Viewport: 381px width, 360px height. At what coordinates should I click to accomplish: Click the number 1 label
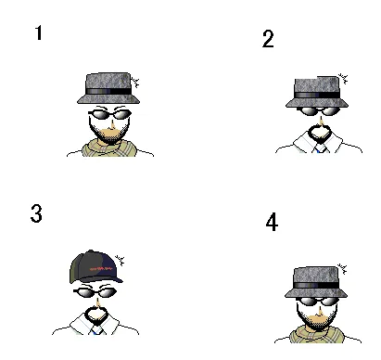[38, 32]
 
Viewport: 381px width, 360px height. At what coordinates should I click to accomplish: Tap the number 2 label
[268, 39]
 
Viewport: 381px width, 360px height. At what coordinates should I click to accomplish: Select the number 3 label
[36, 213]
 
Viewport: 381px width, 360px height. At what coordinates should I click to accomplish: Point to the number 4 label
[272, 222]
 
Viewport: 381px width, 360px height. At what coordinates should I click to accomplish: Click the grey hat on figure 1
[108, 88]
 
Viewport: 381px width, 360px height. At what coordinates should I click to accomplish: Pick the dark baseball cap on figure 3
[95, 266]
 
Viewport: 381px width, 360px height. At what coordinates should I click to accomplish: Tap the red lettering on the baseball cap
[101, 268]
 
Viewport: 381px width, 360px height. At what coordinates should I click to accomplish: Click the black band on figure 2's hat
[317, 95]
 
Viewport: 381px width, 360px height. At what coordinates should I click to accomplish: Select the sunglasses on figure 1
[110, 114]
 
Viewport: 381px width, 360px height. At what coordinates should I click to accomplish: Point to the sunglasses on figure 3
[95, 291]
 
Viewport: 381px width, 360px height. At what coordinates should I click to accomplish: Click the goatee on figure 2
[320, 134]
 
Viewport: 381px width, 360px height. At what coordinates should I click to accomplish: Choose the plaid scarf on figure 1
[109, 148]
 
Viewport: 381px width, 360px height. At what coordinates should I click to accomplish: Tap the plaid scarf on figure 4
[317, 335]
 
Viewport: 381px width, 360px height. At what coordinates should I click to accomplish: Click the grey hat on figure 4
[316, 282]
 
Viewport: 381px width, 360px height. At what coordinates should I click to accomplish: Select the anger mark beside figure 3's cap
[120, 260]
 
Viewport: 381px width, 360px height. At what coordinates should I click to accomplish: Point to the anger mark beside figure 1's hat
[134, 83]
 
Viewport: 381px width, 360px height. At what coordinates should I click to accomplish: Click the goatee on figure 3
[96, 315]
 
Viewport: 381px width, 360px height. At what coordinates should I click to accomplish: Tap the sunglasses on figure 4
[317, 302]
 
